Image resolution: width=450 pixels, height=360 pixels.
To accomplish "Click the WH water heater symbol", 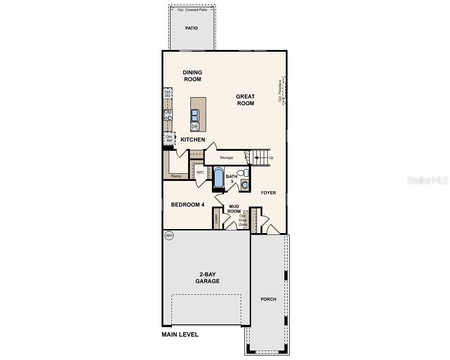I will coord(169,235).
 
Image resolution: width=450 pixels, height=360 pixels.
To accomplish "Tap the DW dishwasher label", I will coord(195,126).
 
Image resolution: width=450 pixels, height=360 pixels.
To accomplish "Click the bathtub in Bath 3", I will coord(218,178).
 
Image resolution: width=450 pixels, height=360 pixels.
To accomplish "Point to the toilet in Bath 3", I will coord(243,173).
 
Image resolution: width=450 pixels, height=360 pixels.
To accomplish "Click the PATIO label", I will coord(191,28).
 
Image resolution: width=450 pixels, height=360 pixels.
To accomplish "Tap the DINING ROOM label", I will coord(192,76).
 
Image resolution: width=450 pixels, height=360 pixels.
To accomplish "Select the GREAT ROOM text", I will coord(245,100).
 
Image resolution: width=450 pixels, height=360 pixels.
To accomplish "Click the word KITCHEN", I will coord(193,140).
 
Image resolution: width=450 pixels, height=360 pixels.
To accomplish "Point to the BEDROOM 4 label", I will coord(188,205).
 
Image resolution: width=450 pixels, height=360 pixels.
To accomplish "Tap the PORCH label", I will coord(268,299).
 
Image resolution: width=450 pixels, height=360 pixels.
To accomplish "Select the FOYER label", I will coord(268,193).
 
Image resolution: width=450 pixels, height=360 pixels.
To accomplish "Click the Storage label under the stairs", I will coord(226,158).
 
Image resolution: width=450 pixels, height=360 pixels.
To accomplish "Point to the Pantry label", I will coord(176,176).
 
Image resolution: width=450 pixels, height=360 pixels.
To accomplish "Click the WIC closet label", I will coord(200,172).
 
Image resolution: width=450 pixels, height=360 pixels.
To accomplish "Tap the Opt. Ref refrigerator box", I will coord(169,139).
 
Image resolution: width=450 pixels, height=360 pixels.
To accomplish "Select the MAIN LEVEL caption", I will coord(180,335).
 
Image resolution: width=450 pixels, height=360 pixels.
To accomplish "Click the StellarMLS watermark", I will coord(427,180).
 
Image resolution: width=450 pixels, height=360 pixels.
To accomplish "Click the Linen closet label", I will coord(216,219).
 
